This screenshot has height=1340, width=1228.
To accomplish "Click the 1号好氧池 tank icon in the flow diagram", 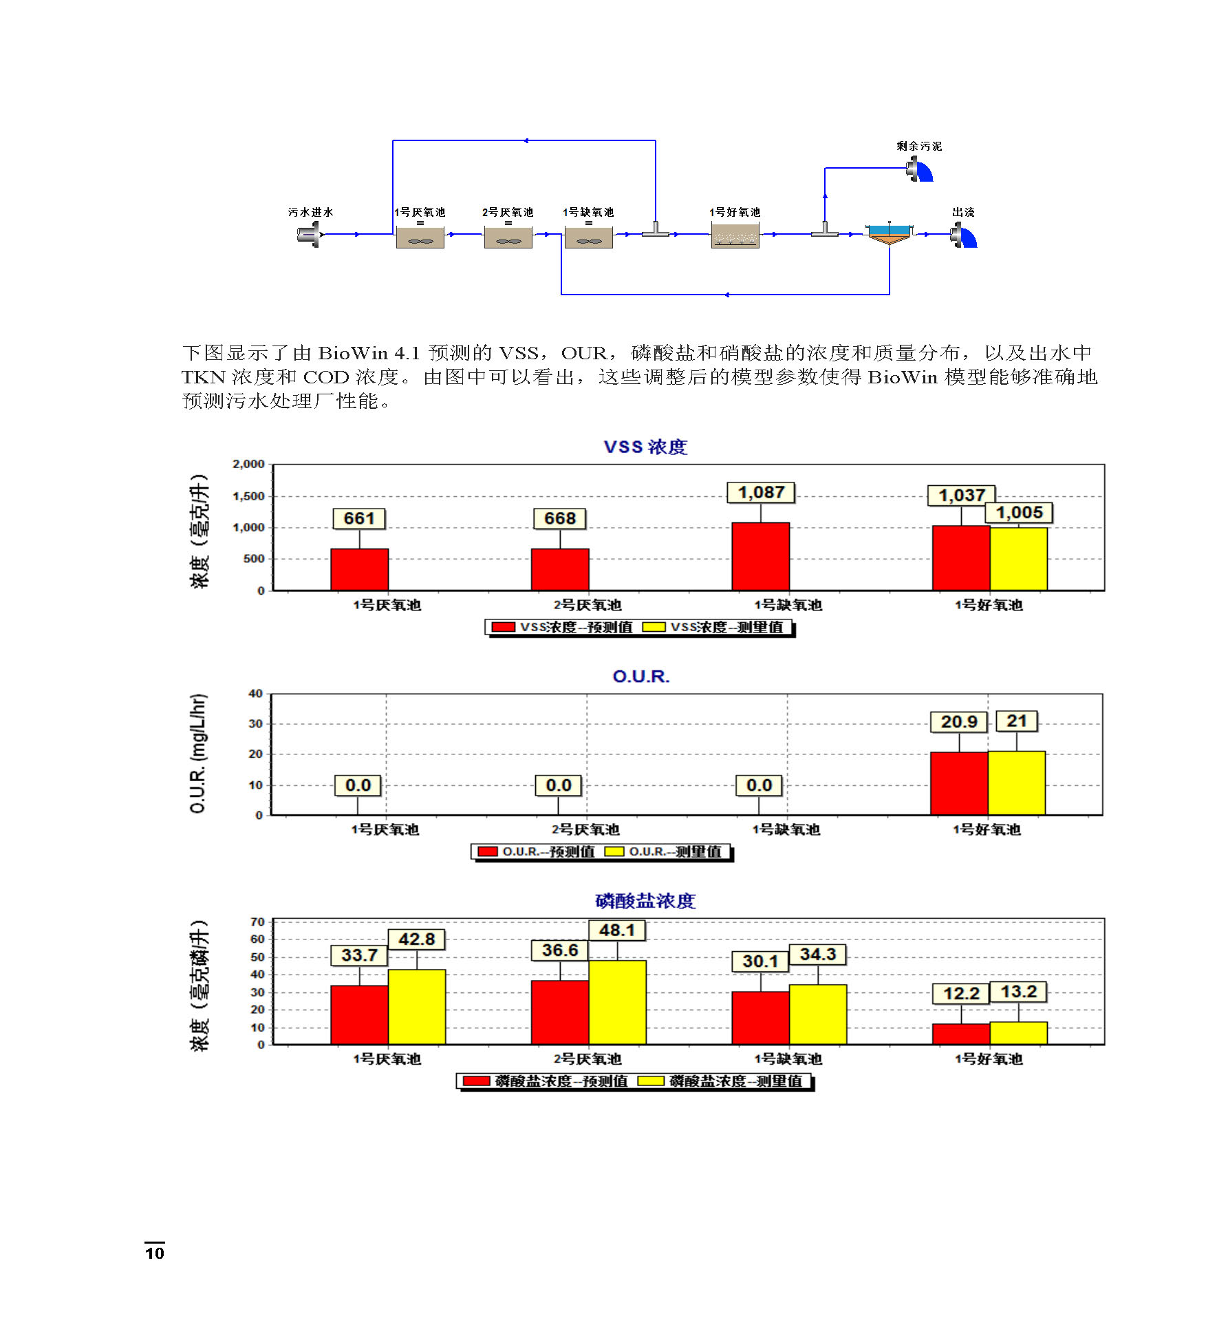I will [735, 235].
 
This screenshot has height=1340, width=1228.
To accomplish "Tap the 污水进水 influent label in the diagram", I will [310, 212].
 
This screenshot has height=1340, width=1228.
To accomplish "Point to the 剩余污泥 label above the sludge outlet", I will [919, 146].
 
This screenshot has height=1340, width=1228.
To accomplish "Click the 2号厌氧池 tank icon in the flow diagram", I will [508, 236].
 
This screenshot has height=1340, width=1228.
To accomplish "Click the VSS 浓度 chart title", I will [645, 447].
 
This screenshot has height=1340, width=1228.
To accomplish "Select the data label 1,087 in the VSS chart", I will [761, 493].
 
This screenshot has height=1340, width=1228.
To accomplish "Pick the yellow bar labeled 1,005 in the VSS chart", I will [1018, 558].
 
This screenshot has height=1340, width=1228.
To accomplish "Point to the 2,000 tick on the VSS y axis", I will [248, 465].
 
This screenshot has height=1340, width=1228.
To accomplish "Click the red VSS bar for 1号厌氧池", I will [359, 569].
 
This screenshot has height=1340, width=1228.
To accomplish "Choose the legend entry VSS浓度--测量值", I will [716, 627].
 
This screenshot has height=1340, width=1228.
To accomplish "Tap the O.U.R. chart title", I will [640, 677].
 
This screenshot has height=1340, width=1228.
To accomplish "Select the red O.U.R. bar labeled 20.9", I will [959, 783].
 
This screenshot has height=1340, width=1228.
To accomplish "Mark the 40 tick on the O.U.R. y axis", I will [255, 694].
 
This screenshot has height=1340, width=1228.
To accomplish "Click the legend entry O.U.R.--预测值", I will [537, 852].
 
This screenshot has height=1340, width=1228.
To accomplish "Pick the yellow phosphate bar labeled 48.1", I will [617, 1002].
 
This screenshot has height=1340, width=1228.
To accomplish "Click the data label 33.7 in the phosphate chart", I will [359, 955].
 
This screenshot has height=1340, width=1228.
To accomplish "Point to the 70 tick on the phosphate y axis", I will [257, 922].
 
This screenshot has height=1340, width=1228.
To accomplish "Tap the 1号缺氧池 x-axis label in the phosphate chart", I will [788, 1059].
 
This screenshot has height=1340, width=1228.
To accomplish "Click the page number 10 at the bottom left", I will [155, 1253].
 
